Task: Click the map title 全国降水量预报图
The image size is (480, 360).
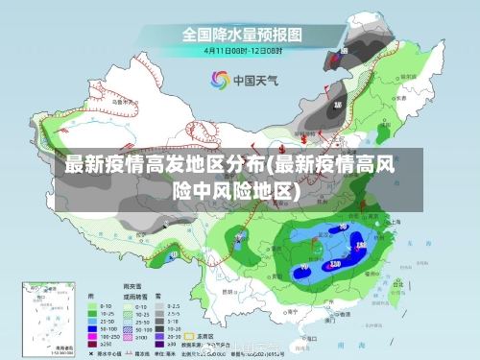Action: click(243, 35)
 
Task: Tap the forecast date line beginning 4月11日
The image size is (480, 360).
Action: click(242, 50)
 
